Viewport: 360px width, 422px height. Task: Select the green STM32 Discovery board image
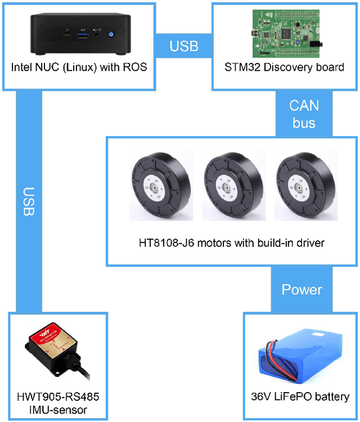tap(280, 33)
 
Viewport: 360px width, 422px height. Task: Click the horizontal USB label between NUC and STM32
tap(183, 46)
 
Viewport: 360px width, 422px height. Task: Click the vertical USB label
tap(30, 201)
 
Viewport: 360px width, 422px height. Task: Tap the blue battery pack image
tap(299, 360)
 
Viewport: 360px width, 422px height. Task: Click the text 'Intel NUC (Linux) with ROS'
tap(79, 68)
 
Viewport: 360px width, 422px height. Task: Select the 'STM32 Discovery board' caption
tap(285, 68)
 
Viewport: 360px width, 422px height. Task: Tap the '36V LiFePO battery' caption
tap(300, 397)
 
